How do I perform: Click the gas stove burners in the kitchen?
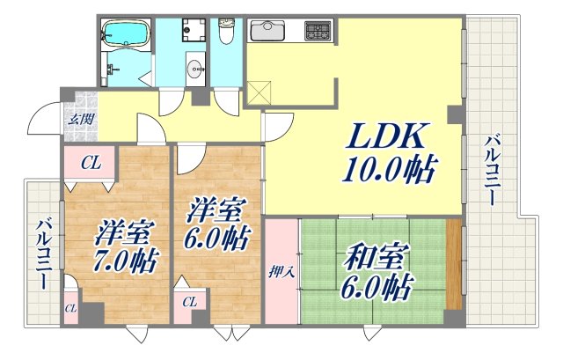317,32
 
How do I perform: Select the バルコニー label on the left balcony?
42,255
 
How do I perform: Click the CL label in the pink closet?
90,162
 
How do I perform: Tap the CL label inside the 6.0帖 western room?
189,303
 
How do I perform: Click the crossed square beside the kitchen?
260,89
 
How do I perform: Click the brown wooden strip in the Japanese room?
453,263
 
